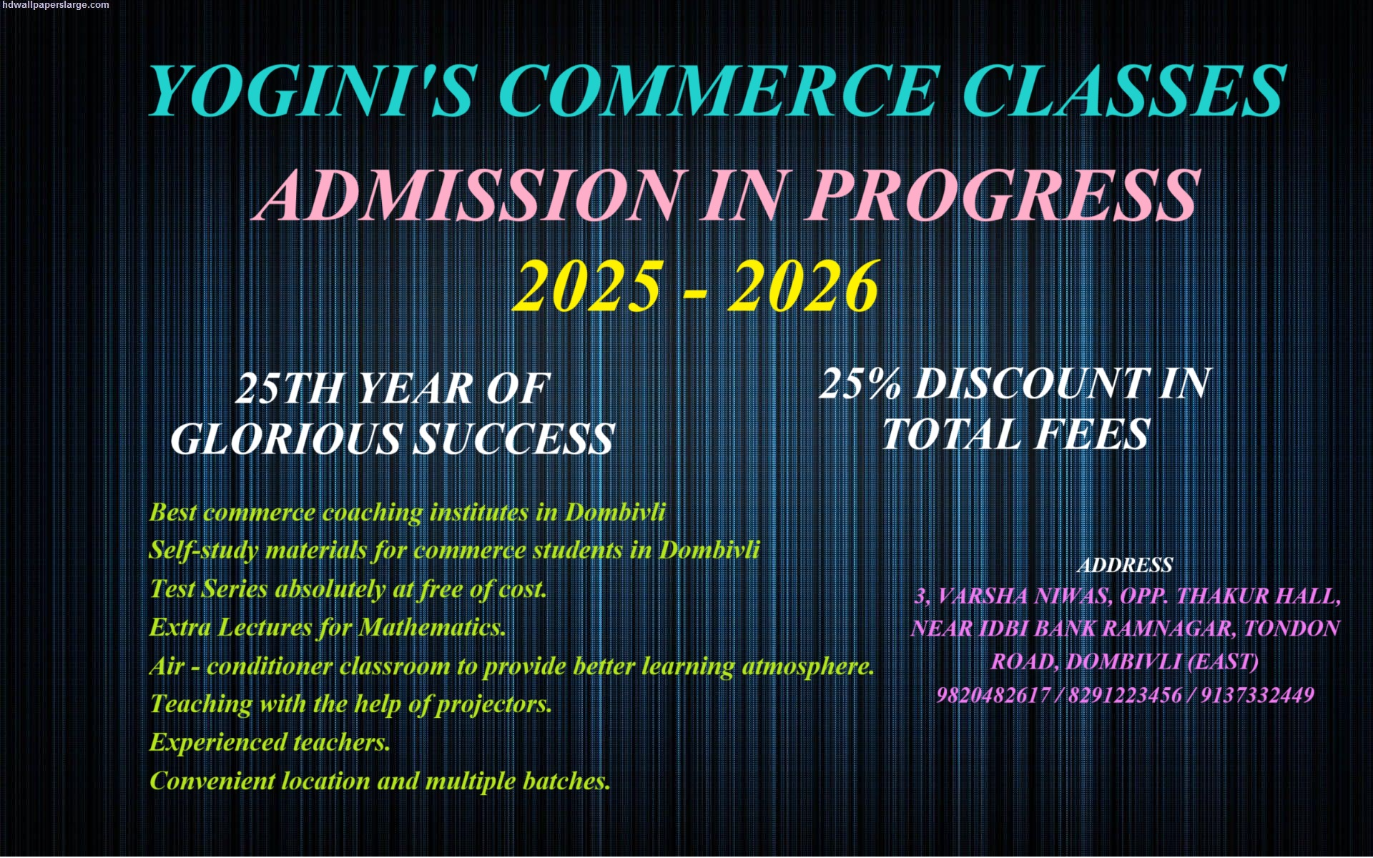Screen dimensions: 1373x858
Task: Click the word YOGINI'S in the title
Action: click(x=310, y=91)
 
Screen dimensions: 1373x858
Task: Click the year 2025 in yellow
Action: click(x=586, y=286)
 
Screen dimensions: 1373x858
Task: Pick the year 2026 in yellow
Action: click(x=804, y=286)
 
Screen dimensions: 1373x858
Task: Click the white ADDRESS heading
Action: click(x=1125, y=566)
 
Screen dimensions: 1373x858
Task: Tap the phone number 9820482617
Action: click(x=993, y=695)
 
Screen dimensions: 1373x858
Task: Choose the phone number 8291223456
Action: click(x=1125, y=695)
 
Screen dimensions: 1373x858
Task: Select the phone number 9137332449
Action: click(x=1257, y=695)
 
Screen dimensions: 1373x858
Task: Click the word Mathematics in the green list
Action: click(x=432, y=627)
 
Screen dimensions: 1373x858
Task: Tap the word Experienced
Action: click(x=217, y=743)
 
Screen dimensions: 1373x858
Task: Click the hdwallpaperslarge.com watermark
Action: click(x=55, y=5)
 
